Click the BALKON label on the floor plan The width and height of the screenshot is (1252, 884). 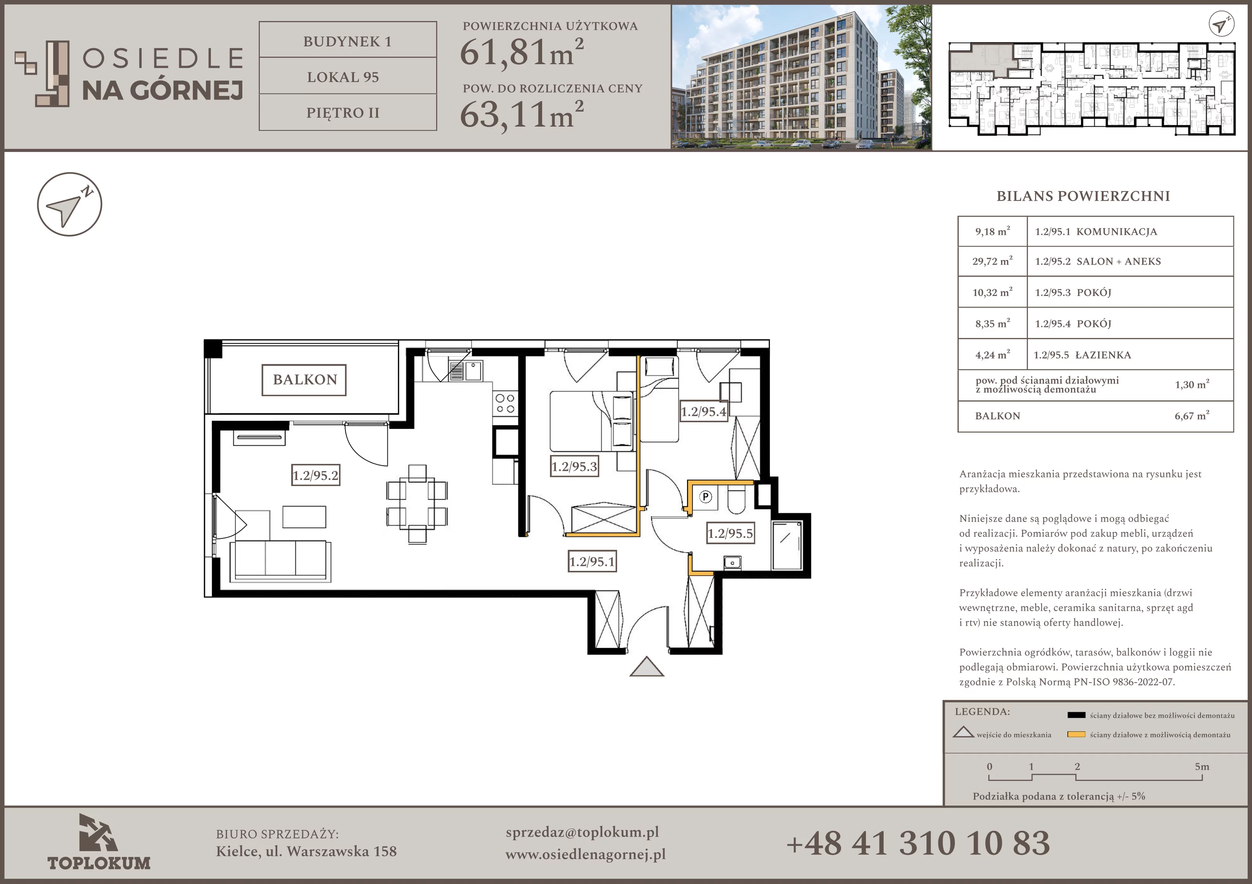(304, 380)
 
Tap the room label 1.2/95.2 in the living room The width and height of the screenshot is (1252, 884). (316, 475)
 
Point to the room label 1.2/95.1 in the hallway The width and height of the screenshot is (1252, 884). (592, 561)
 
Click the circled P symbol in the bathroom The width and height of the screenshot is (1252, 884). (705, 497)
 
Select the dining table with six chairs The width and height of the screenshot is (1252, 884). (417, 504)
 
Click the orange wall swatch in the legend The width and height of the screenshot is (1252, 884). (1076, 734)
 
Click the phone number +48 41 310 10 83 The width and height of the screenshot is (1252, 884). (918, 843)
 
